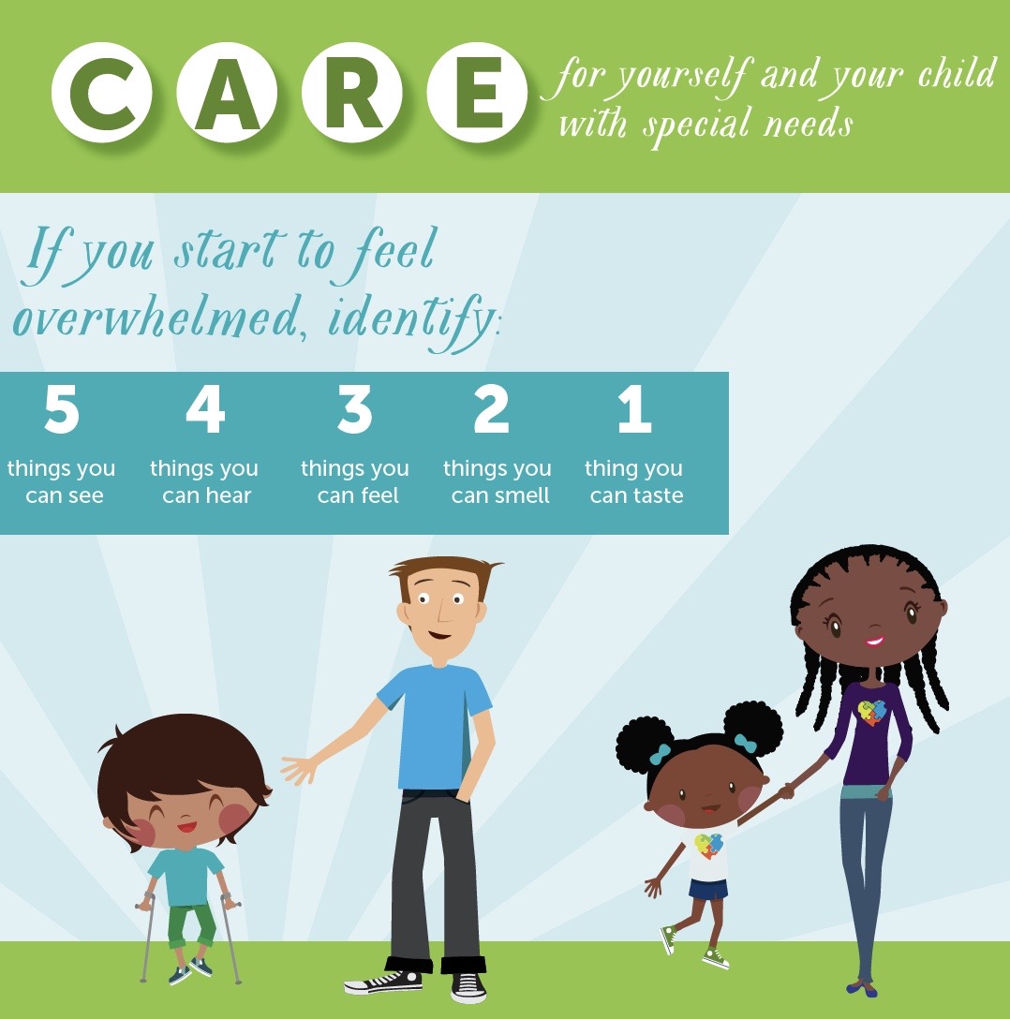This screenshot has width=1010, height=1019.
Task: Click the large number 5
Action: coord(62,410)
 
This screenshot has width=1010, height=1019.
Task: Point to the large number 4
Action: coord(205,410)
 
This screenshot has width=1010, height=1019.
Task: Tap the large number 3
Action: coord(355,410)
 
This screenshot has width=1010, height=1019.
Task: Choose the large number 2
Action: coord(493,410)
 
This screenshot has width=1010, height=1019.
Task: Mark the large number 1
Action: coord(634,410)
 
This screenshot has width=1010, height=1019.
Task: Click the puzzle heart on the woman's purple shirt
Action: coord(871,713)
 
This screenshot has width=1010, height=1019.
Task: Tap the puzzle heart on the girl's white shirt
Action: coord(709,847)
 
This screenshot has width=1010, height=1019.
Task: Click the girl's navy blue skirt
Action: coord(708,889)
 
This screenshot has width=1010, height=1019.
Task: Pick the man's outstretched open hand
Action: coord(300,769)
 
